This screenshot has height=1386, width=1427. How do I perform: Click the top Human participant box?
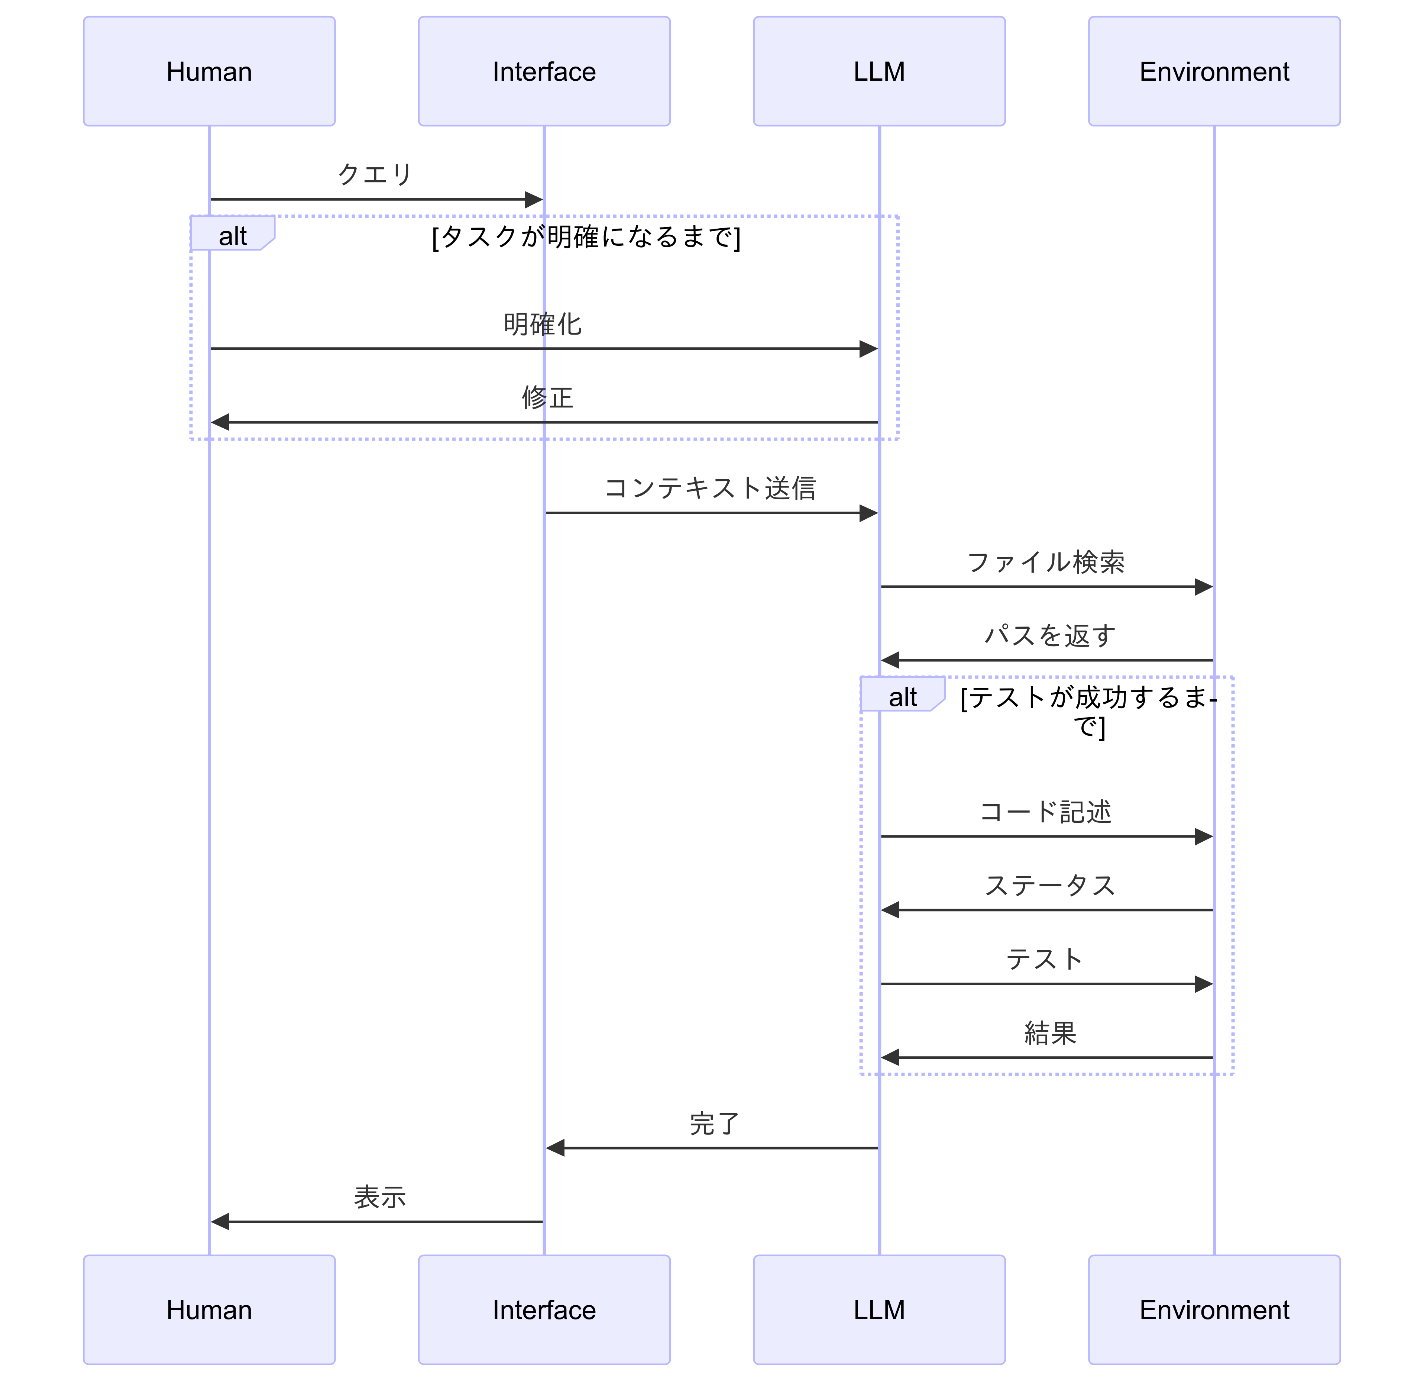tap(209, 71)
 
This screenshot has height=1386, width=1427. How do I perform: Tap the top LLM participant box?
tap(879, 71)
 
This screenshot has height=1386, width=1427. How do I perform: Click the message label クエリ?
tap(375, 174)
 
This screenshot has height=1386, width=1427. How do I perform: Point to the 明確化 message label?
tap(543, 324)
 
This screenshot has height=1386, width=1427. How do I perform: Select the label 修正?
tap(547, 398)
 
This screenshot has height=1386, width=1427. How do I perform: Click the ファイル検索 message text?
tap(1045, 562)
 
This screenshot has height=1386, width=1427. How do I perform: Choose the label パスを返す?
tap(1049, 636)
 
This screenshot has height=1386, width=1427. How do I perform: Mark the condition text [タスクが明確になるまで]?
tap(586, 237)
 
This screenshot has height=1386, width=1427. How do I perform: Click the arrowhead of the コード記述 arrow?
tap(1204, 837)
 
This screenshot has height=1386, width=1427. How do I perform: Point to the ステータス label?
tap(1049, 886)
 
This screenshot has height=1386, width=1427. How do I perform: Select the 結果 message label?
tap(1049, 1033)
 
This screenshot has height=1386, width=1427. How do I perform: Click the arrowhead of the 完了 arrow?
tap(556, 1148)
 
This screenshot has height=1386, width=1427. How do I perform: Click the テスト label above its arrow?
tap(1045, 959)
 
